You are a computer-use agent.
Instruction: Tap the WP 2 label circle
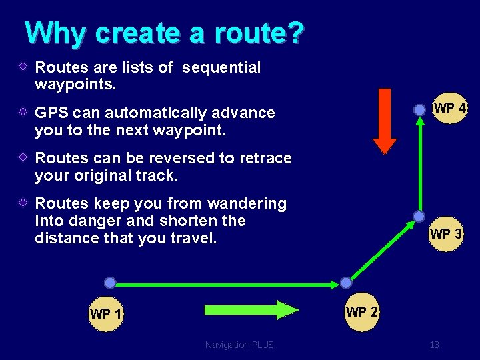pyautogui.click(x=362, y=312)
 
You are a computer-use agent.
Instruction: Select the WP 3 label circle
pyautogui.click(x=446, y=234)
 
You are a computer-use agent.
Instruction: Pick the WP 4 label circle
pyautogui.click(x=449, y=108)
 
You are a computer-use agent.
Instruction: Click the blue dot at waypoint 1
pyautogui.click(x=110, y=283)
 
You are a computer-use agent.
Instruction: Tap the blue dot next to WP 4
pyautogui.click(x=419, y=110)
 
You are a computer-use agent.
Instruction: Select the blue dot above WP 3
pyautogui.click(x=419, y=217)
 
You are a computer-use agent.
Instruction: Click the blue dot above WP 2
pyautogui.click(x=345, y=283)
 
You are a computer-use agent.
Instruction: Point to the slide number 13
pyautogui.click(x=435, y=345)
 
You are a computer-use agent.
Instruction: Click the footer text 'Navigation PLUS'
pyautogui.click(x=239, y=345)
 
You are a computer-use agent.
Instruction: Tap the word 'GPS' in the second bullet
pyautogui.click(x=51, y=113)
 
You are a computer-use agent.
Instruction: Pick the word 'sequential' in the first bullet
pyautogui.click(x=221, y=67)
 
